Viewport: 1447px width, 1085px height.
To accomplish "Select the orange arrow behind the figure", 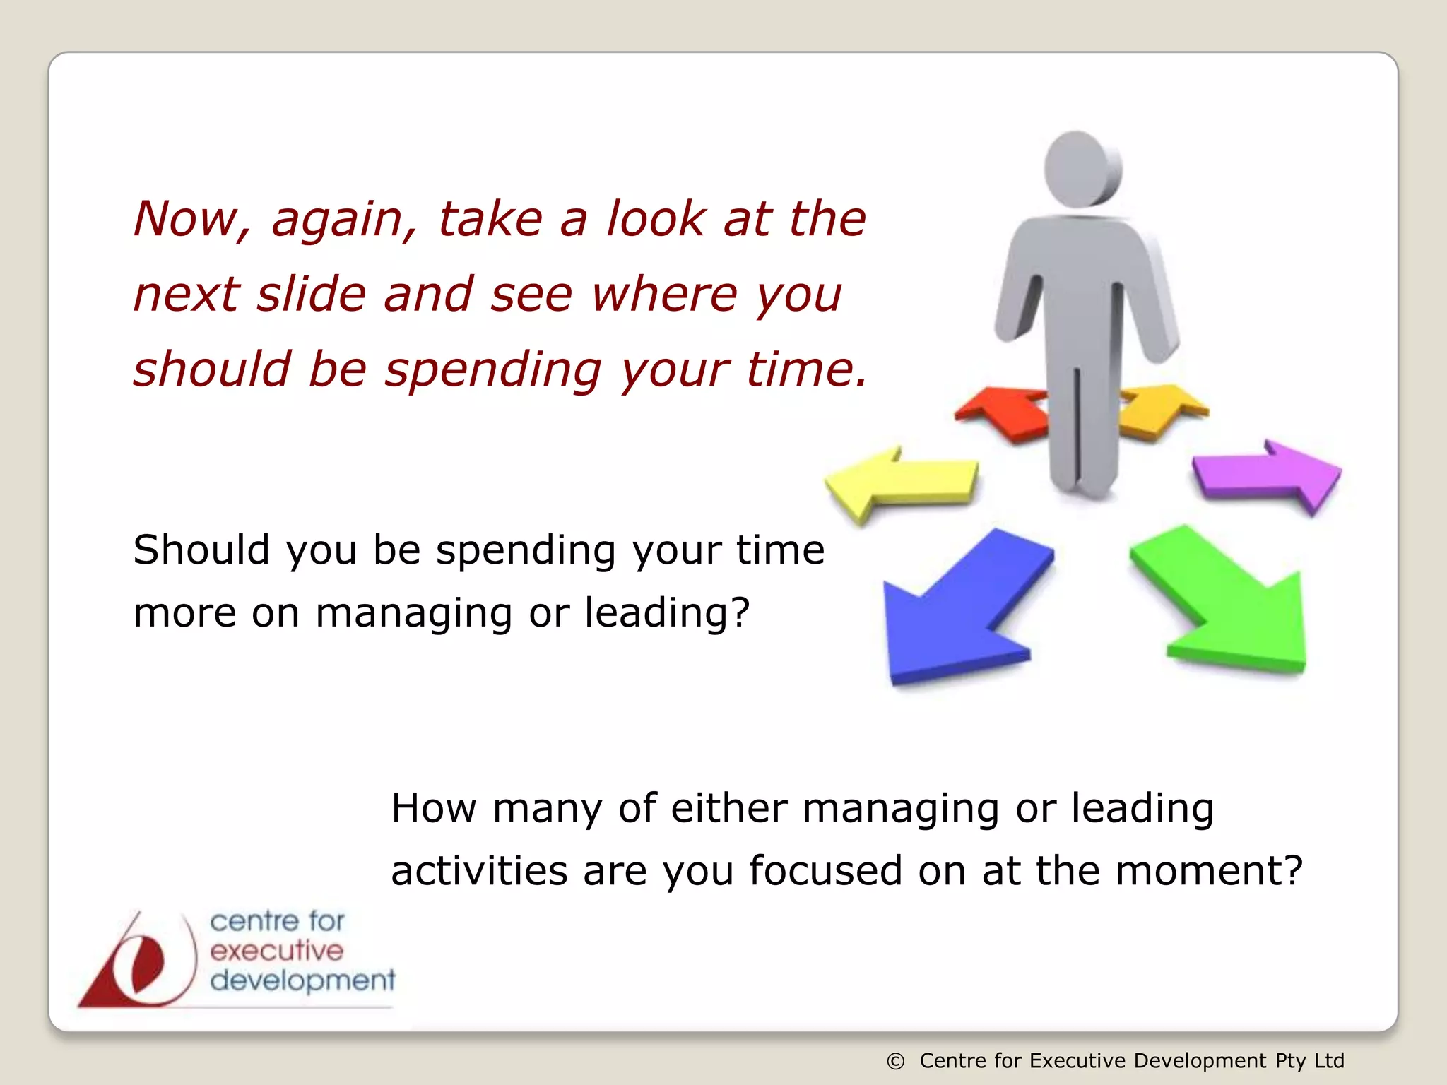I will coord(1159,410).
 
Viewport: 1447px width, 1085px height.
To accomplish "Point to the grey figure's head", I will coord(1081,170).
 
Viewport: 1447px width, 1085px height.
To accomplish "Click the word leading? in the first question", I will coord(667,612).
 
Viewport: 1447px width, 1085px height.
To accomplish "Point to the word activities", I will coord(479,870).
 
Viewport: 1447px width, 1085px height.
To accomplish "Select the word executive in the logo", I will coord(276,951).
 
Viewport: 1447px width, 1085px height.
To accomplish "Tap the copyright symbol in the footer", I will coord(895,1062).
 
